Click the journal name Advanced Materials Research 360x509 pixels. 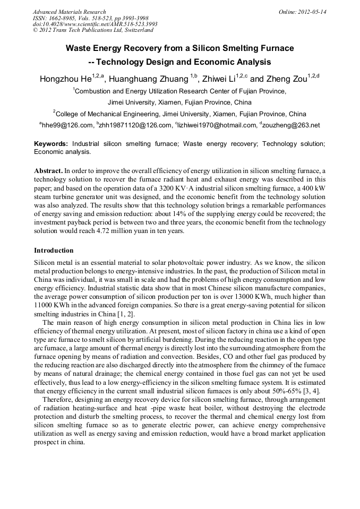coord(69,12)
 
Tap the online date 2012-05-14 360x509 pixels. coord(312,12)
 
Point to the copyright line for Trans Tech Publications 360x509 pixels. coord(93,30)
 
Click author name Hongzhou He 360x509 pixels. coord(65,80)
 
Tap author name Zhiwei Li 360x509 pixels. coord(220,80)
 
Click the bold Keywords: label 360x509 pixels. coord(51,144)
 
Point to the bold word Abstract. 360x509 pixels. coord(48,171)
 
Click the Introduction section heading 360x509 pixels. coord(54,250)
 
